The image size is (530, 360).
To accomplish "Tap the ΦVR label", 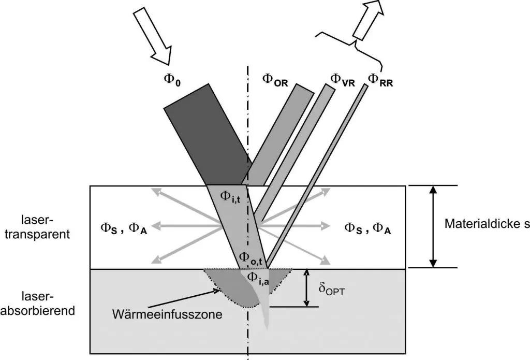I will pyautogui.click(x=342, y=79).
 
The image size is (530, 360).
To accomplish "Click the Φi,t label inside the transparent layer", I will pyautogui.click(x=229, y=196).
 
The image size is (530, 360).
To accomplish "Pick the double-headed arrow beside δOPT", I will pyautogui.click(x=307, y=287).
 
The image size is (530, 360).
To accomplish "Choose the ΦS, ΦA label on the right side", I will pyautogui.click(x=367, y=228).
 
